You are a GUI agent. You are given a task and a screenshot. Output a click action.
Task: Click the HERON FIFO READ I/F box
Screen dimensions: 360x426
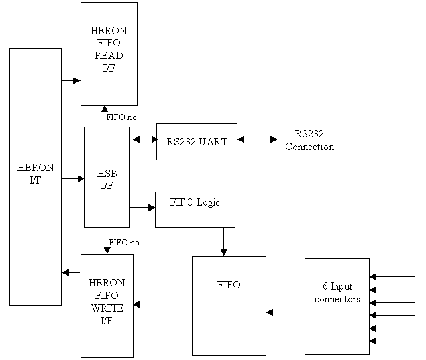click(x=109, y=54)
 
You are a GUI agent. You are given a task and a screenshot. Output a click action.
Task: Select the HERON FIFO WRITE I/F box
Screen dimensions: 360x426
click(x=107, y=306)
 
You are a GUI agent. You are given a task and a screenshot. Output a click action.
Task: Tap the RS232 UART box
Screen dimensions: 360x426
click(x=197, y=141)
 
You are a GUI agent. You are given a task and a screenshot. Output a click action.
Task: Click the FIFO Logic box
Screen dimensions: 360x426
click(x=195, y=209)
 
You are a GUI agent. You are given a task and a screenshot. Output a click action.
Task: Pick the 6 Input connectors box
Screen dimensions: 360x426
click(x=337, y=306)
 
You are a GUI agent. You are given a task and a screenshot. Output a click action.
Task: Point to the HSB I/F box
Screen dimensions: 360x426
click(x=107, y=177)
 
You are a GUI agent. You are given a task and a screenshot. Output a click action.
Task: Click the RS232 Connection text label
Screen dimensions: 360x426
click(x=309, y=141)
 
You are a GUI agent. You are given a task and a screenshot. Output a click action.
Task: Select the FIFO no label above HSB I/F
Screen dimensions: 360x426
click(x=121, y=117)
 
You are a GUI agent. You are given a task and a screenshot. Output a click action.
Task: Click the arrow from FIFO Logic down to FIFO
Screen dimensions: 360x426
click(x=224, y=241)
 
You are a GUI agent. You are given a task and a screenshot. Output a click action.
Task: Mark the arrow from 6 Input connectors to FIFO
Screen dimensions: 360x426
click(x=285, y=312)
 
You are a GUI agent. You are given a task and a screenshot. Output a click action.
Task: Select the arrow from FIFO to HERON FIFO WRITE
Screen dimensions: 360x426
click(x=162, y=304)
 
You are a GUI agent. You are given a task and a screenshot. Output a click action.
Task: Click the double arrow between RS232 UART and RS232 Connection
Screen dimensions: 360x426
click(x=257, y=139)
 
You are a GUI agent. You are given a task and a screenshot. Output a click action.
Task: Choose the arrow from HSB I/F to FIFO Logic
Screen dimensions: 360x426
click(x=142, y=208)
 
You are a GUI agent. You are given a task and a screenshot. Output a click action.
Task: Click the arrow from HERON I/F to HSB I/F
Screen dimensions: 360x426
click(x=72, y=179)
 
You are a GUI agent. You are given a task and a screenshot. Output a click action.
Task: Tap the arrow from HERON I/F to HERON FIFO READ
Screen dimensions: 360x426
click(x=71, y=81)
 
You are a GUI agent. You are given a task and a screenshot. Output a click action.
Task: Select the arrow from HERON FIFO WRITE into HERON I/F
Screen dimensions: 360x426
click(x=71, y=272)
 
